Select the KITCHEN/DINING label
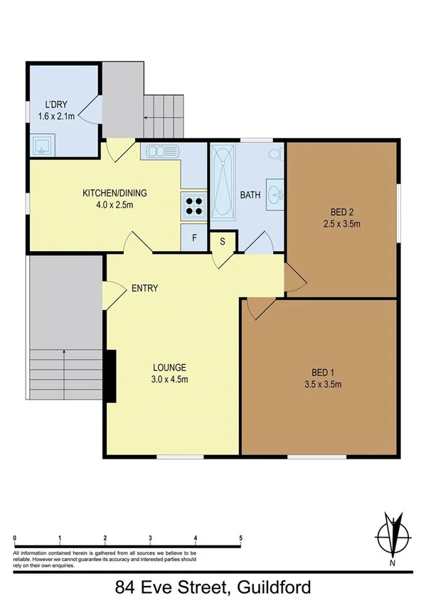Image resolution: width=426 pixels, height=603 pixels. click(x=109, y=193)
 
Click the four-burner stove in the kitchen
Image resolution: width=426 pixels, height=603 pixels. click(x=193, y=205)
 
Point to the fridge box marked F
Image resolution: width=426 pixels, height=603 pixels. click(x=193, y=238)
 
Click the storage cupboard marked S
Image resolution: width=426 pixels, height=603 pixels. click(x=223, y=241)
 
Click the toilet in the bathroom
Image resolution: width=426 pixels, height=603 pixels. click(x=274, y=153)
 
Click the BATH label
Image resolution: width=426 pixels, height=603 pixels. click(x=250, y=195)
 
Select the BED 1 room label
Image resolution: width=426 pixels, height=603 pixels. click(x=322, y=373)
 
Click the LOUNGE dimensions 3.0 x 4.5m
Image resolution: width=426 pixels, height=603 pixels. click(x=169, y=380)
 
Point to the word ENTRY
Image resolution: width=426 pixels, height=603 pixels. click(x=144, y=288)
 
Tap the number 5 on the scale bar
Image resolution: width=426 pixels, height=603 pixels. click(x=241, y=538)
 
